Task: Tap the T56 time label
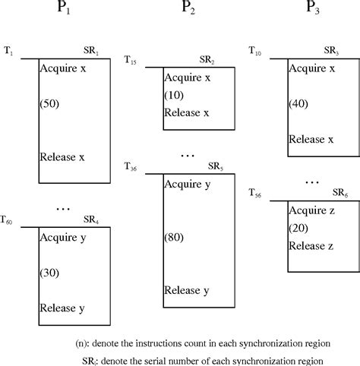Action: (x=256, y=194)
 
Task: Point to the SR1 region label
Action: (x=92, y=50)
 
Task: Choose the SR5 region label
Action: (x=216, y=166)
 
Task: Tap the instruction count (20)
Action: (x=298, y=228)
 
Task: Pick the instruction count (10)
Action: (x=174, y=95)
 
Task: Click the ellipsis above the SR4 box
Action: (x=63, y=207)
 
